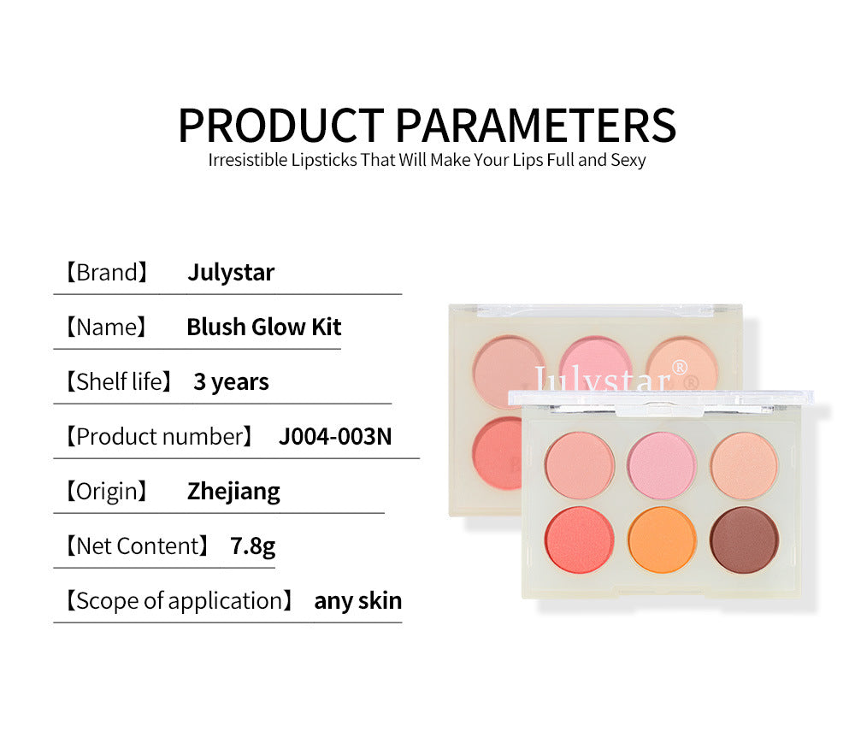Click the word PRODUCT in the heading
[x=284, y=125]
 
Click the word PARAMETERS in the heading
[x=537, y=125]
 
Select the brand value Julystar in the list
[x=231, y=273]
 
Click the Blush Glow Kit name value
[x=264, y=327]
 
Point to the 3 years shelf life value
[x=231, y=381]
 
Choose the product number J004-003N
[x=335, y=436]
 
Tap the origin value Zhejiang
[x=233, y=491]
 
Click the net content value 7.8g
[x=253, y=546]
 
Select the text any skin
[x=357, y=600]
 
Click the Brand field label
[x=107, y=273]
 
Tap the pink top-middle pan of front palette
[x=661, y=464]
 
